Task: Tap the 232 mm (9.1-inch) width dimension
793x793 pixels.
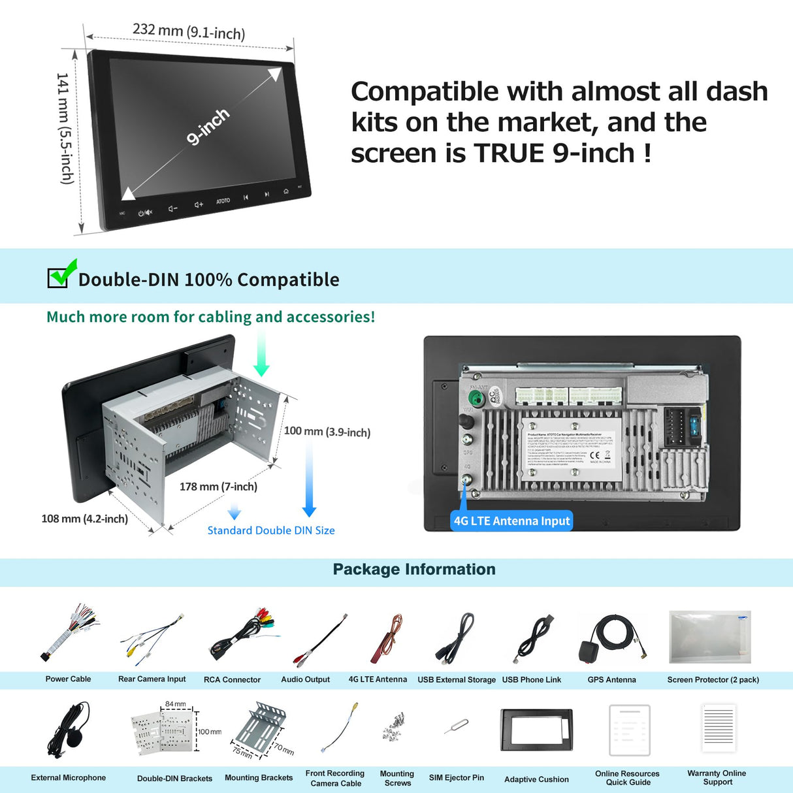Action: (x=188, y=31)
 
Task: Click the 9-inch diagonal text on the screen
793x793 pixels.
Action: (x=208, y=125)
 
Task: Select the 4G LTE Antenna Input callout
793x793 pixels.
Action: (x=511, y=521)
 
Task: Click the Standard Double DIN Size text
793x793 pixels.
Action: (x=270, y=530)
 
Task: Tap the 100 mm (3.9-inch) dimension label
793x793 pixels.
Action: (x=327, y=432)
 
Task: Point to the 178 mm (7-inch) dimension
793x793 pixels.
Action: (x=218, y=487)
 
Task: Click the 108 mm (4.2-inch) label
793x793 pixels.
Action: (x=84, y=519)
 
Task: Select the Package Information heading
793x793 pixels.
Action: (x=414, y=569)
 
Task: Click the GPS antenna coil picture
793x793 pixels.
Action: (x=611, y=638)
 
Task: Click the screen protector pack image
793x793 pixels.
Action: (x=710, y=636)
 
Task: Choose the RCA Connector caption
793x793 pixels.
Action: (x=232, y=679)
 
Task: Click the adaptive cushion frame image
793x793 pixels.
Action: (x=536, y=730)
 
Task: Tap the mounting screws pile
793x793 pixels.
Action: (x=395, y=727)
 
